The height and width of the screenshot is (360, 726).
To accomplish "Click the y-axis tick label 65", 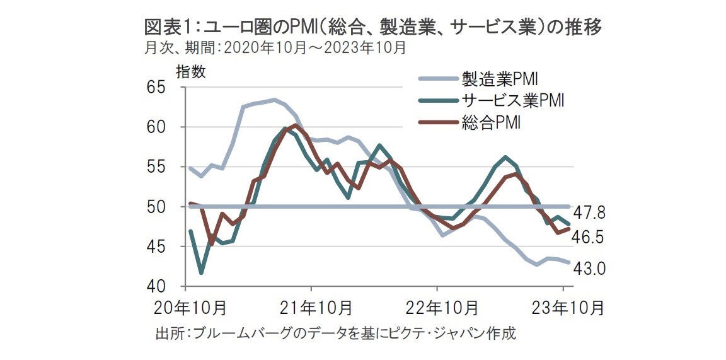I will pyautogui.click(x=166, y=88).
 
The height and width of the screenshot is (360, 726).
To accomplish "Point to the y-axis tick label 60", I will pyautogui.click(x=166, y=127).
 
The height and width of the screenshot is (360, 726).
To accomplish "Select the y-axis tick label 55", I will pyautogui.click(x=166, y=167).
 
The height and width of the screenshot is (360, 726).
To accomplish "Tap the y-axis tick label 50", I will pyautogui.click(x=166, y=207).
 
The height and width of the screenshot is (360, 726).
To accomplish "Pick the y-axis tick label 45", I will pyautogui.click(x=166, y=247).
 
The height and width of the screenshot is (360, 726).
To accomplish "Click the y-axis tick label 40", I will pyautogui.click(x=166, y=287).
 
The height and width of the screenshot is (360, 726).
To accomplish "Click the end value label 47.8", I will pyautogui.click(x=589, y=212).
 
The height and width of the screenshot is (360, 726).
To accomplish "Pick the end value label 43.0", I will pyautogui.click(x=589, y=269).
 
